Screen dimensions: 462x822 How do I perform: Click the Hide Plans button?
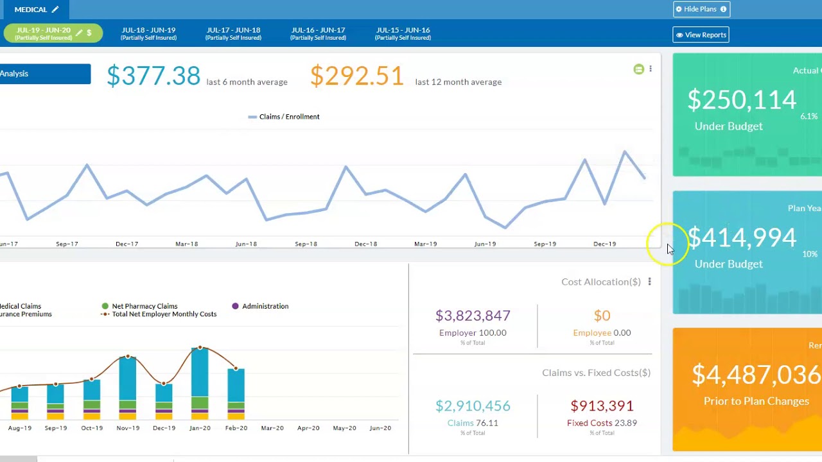[x=701, y=9]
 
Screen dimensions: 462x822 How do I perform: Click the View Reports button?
[x=701, y=35]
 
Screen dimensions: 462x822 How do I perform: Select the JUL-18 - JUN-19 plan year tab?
[x=148, y=33]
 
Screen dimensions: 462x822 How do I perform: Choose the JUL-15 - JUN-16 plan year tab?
[x=403, y=33]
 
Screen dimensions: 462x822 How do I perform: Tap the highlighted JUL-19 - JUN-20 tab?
[x=53, y=33]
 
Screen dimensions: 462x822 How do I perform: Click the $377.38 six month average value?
[x=153, y=76]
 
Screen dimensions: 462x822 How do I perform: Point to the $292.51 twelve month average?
[x=357, y=76]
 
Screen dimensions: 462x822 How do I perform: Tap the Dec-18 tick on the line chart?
[x=365, y=244]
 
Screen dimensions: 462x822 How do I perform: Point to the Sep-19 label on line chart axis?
[x=545, y=244]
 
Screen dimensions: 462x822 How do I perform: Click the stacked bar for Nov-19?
[x=128, y=388]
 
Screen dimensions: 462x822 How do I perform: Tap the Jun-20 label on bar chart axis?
[x=380, y=428]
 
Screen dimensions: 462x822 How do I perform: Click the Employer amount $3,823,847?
[x=473, y=316]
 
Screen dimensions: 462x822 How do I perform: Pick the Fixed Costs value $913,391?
[x=602, y=406]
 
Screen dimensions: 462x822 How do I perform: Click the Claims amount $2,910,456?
[x=473, y=406]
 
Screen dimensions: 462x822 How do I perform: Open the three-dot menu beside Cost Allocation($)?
[x=649, y=282]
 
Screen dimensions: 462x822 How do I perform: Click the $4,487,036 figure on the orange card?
[x=756, y=375]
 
